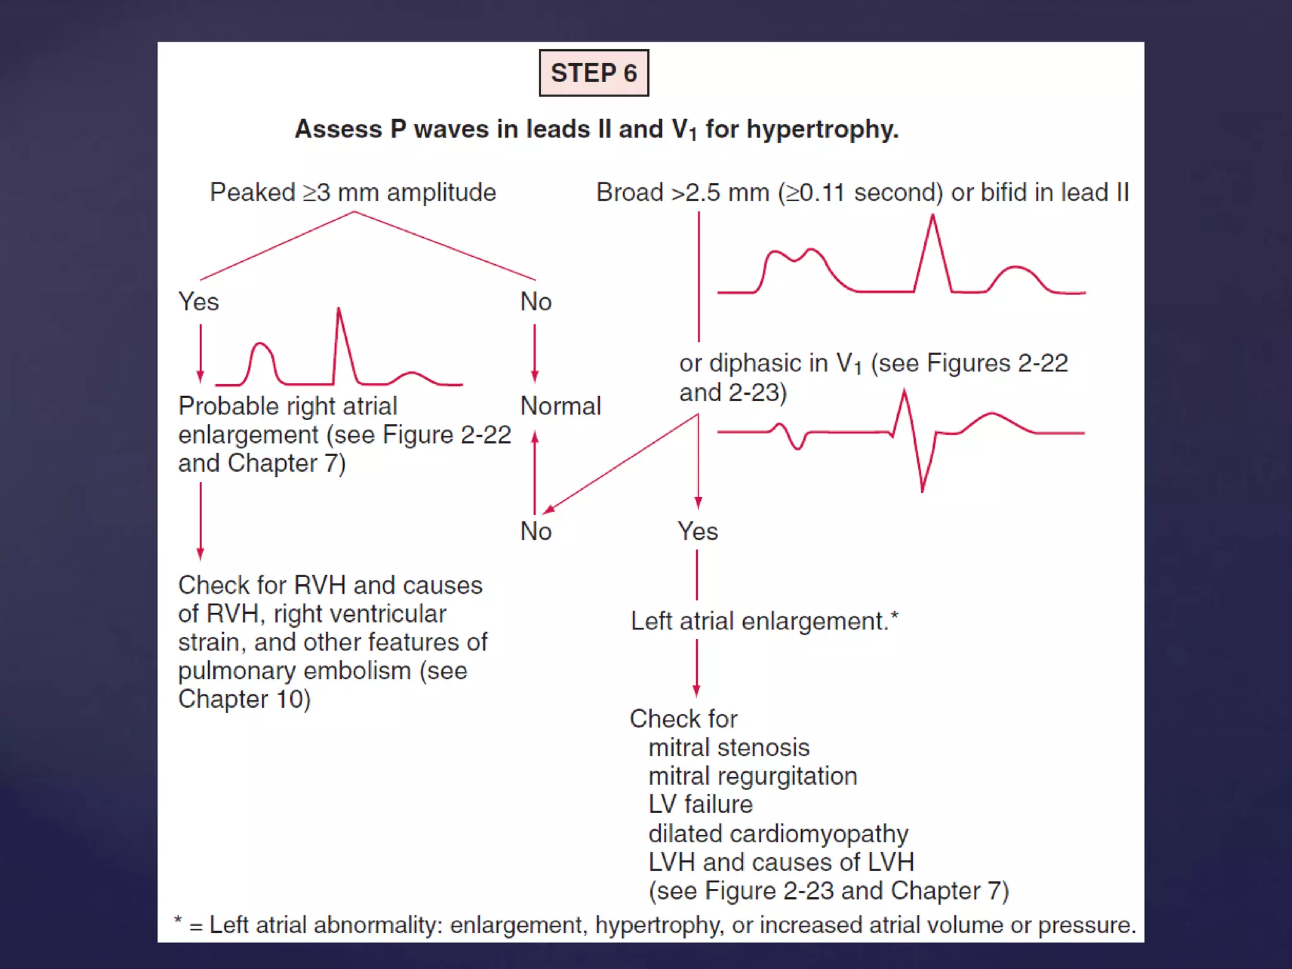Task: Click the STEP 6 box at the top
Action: [594, 73]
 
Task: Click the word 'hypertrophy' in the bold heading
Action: [822, 129]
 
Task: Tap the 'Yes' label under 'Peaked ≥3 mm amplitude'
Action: [199, 302]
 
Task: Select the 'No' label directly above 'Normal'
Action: [536, 302]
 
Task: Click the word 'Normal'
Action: [561, 406]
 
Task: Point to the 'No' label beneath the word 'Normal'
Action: [536, 532]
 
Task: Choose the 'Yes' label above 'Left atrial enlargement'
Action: [697, 532]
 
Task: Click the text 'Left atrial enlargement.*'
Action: [764, 621]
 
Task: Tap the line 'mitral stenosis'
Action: [729, 748]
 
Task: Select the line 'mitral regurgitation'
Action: [753, 776]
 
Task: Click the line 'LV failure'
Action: [700, 804]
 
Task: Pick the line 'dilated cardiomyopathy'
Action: [778, 833]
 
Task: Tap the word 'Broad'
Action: [630, 192]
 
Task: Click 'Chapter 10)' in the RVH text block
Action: [244, 699]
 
